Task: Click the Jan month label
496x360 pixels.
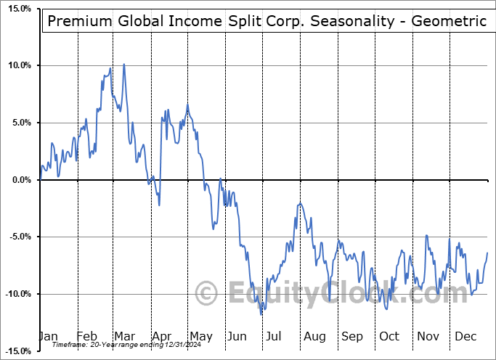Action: point(48,336)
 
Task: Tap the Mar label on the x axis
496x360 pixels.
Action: point(123,336)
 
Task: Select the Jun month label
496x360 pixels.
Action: point(237,336)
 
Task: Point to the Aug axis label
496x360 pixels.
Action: point(314,336)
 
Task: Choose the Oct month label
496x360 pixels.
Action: point(389,336)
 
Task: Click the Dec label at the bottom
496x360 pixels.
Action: point(465,336)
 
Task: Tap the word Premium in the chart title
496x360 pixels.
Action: point(78,21)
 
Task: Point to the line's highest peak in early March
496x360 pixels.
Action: point(123,64)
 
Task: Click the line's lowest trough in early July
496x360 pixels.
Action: point(261,314)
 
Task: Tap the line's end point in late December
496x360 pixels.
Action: point(487,253)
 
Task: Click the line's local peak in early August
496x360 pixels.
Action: point(299,204)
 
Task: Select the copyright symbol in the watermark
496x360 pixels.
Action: point(207,294)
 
